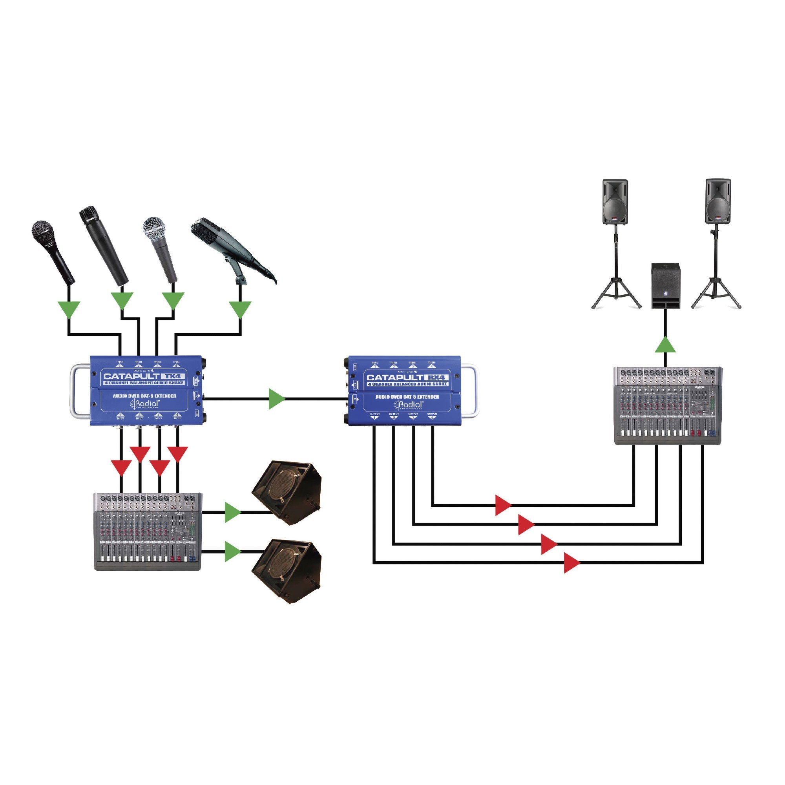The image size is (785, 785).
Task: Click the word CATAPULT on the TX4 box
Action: point(131,376)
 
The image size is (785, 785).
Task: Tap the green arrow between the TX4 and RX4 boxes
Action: point(276,399)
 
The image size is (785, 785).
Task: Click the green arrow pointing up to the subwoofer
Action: point(665,345)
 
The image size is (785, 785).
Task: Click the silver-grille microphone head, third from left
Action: point(155,229)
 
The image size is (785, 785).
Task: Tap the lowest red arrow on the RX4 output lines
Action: point(571,563)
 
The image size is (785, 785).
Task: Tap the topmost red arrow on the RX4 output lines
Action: point(503,506)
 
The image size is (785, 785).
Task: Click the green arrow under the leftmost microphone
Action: point(69,310)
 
